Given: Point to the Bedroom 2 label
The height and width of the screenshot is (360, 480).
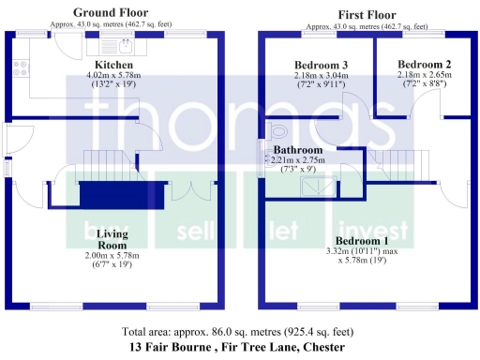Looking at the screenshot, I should (418, 65).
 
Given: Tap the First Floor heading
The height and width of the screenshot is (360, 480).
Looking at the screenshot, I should (364, 12).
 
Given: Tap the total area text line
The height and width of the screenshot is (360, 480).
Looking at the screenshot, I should (238, 332).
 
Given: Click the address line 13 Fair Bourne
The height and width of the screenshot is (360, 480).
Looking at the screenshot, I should (238, 347).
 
